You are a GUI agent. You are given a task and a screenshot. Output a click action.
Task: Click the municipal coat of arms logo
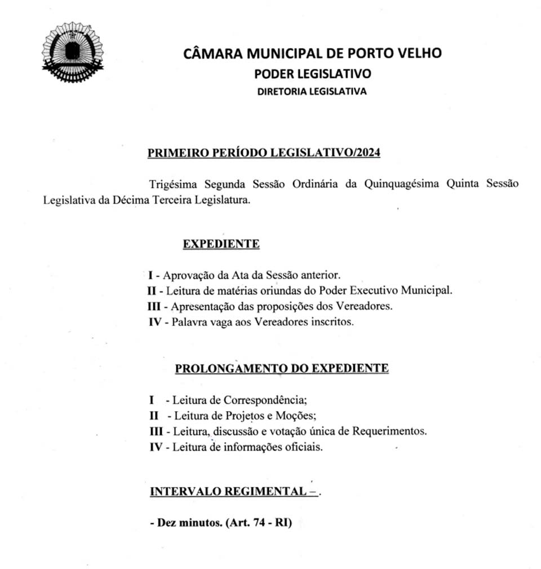[73, 52]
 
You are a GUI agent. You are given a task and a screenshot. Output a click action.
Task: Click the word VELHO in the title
[417, 54]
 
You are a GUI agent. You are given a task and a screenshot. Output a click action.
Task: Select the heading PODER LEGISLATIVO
[312, 74]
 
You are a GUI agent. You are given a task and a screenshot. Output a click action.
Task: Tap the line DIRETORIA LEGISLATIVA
[312, 91]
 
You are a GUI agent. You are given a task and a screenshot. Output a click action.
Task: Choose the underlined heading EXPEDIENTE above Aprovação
[221, 244]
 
